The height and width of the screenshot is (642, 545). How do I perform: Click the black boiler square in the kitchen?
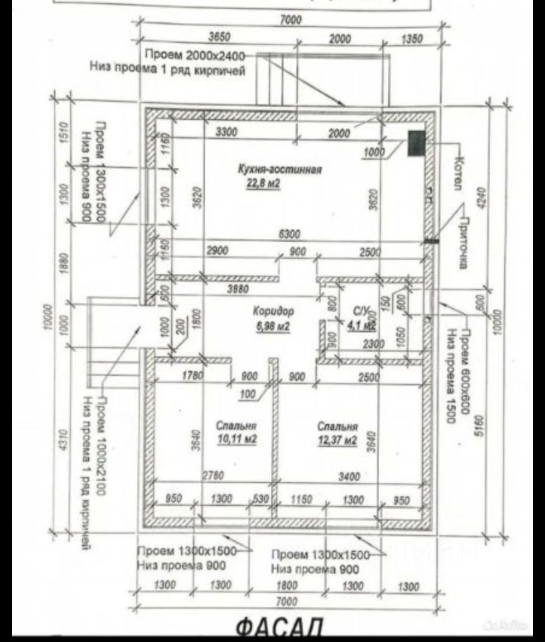point(416,143)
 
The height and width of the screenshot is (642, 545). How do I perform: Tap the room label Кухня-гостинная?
point(280,170)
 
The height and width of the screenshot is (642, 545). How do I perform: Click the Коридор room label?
point(273,312)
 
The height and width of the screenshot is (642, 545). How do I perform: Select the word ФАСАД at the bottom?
point(280,627)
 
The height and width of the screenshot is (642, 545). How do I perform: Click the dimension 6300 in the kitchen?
point(290,235)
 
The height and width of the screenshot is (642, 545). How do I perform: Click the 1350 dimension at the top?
point(411,39)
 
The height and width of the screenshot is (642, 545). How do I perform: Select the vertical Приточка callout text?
point(461,243)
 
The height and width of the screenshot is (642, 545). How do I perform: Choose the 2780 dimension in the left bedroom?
point(213,476)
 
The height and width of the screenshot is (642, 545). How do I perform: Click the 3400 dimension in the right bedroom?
point(349,477)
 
